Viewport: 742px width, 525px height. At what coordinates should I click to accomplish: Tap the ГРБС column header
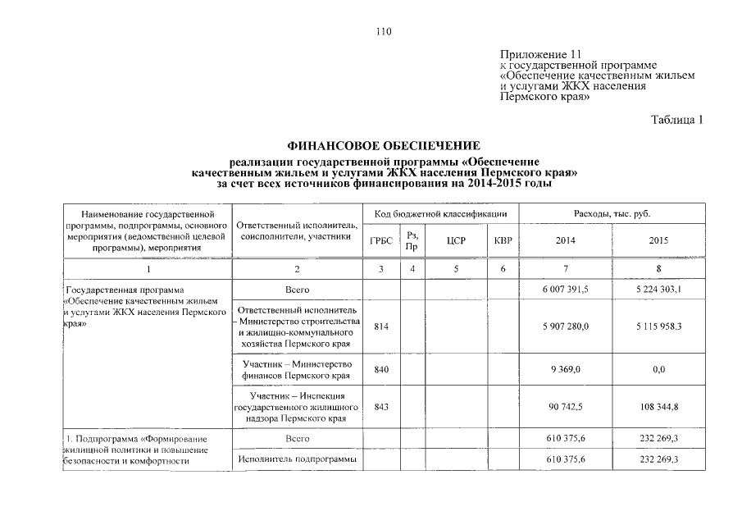(x=381, y=241)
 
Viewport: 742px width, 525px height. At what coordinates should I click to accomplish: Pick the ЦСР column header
(x=457, y=241)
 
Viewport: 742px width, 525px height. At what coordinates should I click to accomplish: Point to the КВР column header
(x=503, y=241)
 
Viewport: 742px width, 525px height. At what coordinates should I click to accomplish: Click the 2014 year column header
(x=565, y=241)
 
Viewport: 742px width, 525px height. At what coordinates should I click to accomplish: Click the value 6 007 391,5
(x=565, y=290)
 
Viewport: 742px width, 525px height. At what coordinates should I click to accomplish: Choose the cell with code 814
(x=380, y=327)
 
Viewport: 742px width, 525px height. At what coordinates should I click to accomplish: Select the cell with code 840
(x=380, y=370)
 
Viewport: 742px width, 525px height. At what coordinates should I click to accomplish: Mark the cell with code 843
(x=380, y=406)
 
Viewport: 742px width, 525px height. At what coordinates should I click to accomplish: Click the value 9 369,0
(x=565, y=370)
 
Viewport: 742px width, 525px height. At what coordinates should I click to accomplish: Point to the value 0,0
(x=658, y=370)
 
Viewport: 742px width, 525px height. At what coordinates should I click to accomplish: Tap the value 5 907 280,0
(x=565, y=327)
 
